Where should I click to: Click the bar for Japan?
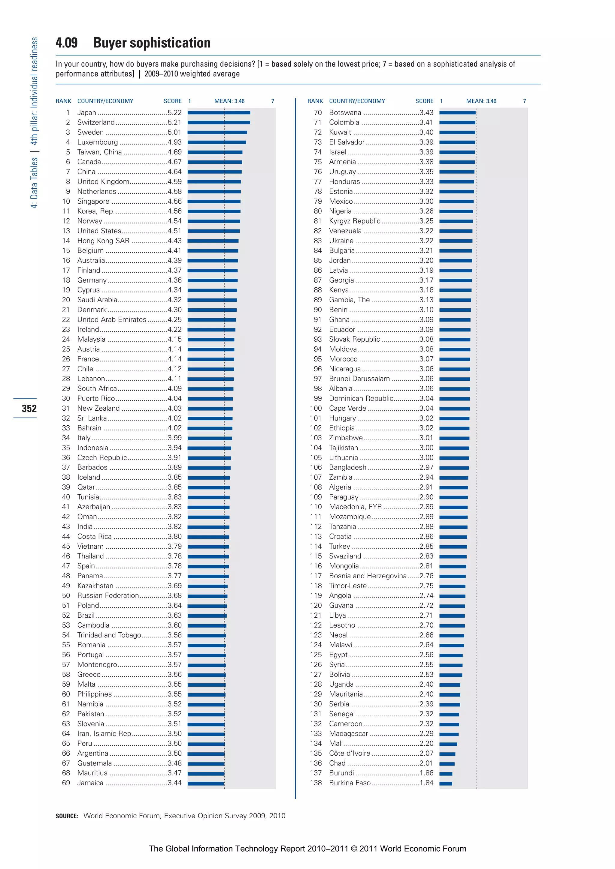[219, 112]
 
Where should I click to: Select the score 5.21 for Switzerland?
[175, 122]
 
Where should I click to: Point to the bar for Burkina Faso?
[446, 784]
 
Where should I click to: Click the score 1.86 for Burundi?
[426, 773]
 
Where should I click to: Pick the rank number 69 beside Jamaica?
[66, 783]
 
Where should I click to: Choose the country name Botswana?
[345, 112]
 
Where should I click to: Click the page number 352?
[29, 408]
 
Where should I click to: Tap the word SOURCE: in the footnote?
[67, 816]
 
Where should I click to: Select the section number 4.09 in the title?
[67, 43]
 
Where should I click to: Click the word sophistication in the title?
[170, 43]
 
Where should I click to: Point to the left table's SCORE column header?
[172, 101]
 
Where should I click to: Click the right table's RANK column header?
[315, 101]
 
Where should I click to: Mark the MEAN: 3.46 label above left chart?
[229, 101]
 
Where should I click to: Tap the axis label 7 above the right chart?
[524, 101]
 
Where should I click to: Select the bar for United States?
[213, 231]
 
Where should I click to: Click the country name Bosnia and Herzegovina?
[368, 576]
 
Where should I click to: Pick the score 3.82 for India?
[175, 526]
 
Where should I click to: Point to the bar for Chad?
[447, 764]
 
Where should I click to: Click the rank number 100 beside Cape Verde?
[316, 408]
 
